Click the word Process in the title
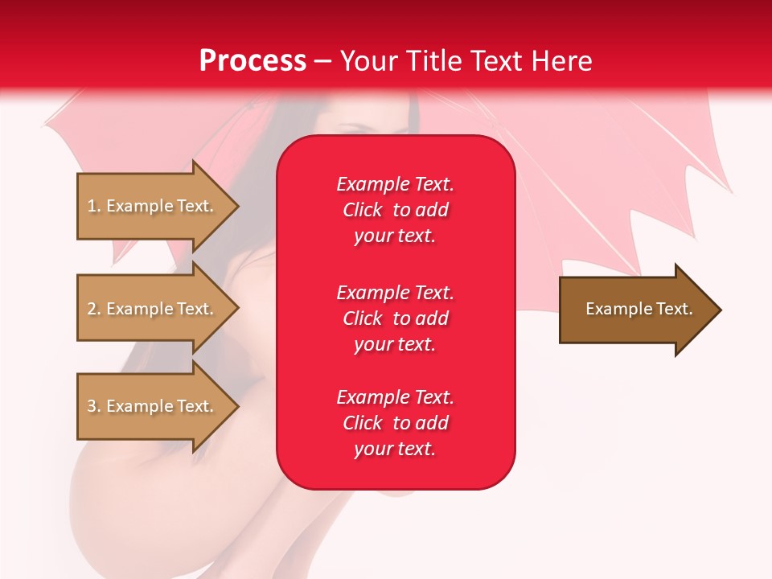(x=253, y=61)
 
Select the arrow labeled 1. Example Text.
(x=153, y=206)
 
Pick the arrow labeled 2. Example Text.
(x=153, y=309)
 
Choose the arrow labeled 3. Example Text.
(x=153, y=406)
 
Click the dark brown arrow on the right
(x=635, y=310)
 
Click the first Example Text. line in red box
(x=395, y=184)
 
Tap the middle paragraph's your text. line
(x=395, y=344)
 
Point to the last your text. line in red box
(x=395, y=449)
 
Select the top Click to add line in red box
(x=395, y=210)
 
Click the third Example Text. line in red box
(x=395, y=397)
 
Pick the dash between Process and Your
(x=323, y=62)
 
